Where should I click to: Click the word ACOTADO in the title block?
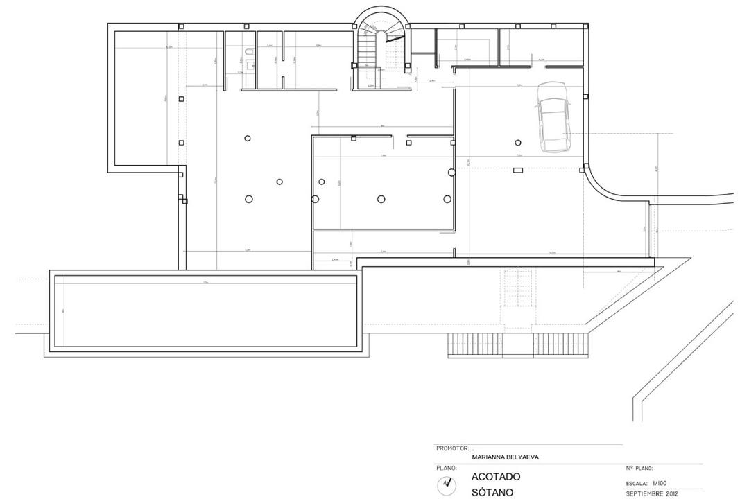[495, 478]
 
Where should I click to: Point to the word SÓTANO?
[492, 493]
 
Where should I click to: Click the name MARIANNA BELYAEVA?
[505, 457]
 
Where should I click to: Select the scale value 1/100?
[660, 484]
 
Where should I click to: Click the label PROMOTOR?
[452, 448]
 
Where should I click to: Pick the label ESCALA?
[636, 484]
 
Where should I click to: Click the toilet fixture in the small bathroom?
[248, 53]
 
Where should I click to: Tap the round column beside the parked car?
[518, 143]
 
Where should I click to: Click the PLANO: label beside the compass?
[446, 469]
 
